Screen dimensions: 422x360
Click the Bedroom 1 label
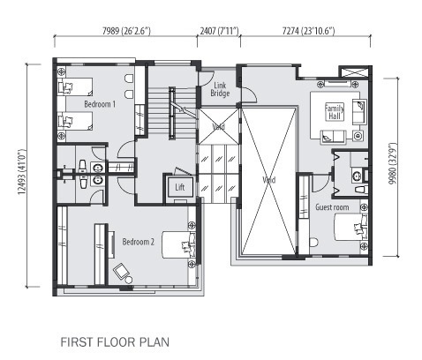click(100, 104)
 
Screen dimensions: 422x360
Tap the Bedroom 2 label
click(139, 242)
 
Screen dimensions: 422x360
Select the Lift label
click(180, 187)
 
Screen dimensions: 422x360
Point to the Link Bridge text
click(220, 89)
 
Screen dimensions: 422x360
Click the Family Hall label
click(335, 112)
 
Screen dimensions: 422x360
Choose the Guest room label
click(332, 207)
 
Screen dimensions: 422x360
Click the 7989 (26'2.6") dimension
click(126, 31)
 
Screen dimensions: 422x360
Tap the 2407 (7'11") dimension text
click(220, 31)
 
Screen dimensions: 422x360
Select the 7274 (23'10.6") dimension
click(308, 31)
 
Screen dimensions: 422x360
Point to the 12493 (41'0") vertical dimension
click(21, 172)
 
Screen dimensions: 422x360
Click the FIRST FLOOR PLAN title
click(115, 342)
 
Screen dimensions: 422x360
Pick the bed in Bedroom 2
click(179, 245)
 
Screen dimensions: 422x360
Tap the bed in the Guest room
click(350, 227)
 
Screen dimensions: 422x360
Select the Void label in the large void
click(268, 180)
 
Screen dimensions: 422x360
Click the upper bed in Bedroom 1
click(75, 86)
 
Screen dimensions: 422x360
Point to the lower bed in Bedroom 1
click(75, 121)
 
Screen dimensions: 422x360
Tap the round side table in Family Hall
click(358, 136)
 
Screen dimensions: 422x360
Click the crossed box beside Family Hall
click(353, 72)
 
